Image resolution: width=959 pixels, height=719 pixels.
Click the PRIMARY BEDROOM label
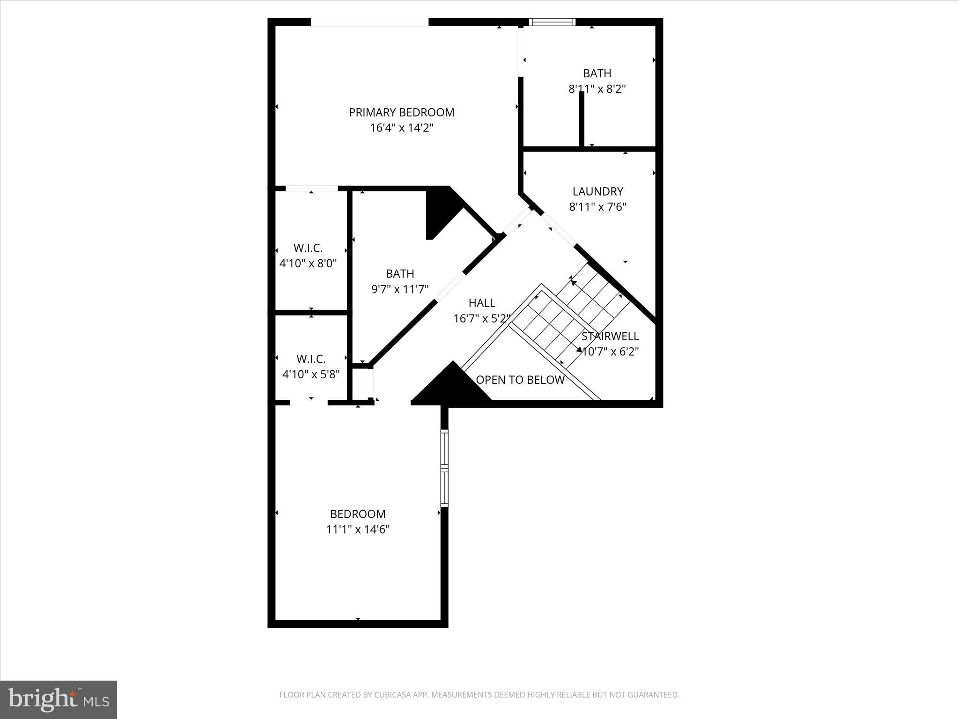pyautogui.click(x=401, y=112)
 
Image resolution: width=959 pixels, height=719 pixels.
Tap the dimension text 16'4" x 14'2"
pyautogui.click(x=401, y=128)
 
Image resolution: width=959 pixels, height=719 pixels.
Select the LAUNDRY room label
pyautogui.click(x=598, y=191)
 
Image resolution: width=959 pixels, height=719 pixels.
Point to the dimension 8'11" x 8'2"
pyautogui.click(x=597, y=88)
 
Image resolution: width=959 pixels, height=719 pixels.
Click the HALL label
pyautogui.click(x=481, y=303)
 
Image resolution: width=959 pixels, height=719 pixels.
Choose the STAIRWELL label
pyautogui.click(x=610, y=336)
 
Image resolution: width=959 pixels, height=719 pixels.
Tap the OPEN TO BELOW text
pyautogui.click(x=520, y=380)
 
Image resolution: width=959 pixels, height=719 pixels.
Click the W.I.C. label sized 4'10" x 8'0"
pyautogui.click(x=308, y=248)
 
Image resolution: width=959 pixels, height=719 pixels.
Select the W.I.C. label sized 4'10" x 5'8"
pyautogui.click(x=310, y=359)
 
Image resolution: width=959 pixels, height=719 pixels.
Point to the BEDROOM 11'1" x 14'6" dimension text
pyautogui.click(x=358, y=529)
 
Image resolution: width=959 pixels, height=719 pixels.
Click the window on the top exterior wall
pyautogui.click(x=552, y=22)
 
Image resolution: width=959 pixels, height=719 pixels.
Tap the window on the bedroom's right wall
pyautogui.click(x=444, y=468)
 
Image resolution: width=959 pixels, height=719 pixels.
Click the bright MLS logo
pyautogui.click(x=59, y=699)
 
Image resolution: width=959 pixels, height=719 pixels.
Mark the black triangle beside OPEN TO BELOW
pyautogui.click(x=451, y=386)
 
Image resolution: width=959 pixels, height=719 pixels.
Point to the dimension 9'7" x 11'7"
pyautogui.click(x=400, y=289)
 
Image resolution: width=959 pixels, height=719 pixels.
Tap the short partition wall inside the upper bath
pyautogui.click(x=582, y=119)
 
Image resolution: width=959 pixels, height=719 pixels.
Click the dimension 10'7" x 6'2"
pyautogui.click(x=610, y=352)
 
